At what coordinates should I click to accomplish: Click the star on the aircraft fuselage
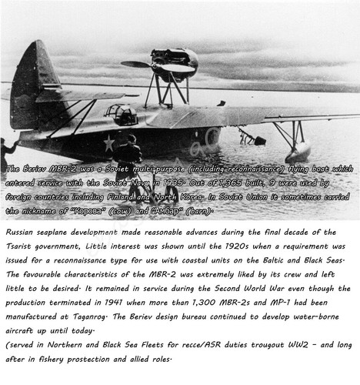[109, 142]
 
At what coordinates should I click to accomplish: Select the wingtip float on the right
[297, 152]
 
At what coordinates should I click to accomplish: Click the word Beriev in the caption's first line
[38, 169]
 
